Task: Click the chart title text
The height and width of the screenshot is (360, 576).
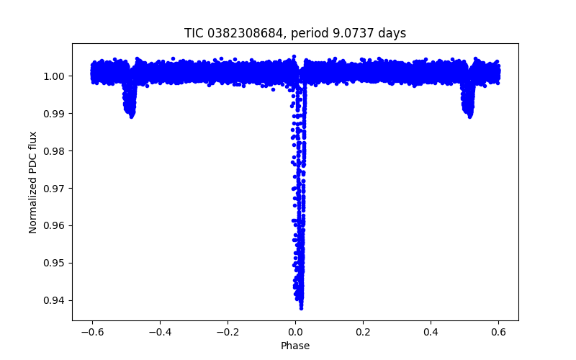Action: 295,33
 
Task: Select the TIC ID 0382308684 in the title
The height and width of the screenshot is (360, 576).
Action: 242,33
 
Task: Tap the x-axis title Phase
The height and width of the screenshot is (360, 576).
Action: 295,346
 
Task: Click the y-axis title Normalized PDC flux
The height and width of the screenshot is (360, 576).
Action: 33,181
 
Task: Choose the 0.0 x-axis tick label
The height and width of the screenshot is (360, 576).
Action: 295,332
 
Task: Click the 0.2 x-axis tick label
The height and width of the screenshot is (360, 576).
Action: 363,332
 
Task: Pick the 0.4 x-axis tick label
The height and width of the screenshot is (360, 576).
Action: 431,332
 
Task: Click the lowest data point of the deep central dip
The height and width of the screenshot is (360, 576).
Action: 301,308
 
